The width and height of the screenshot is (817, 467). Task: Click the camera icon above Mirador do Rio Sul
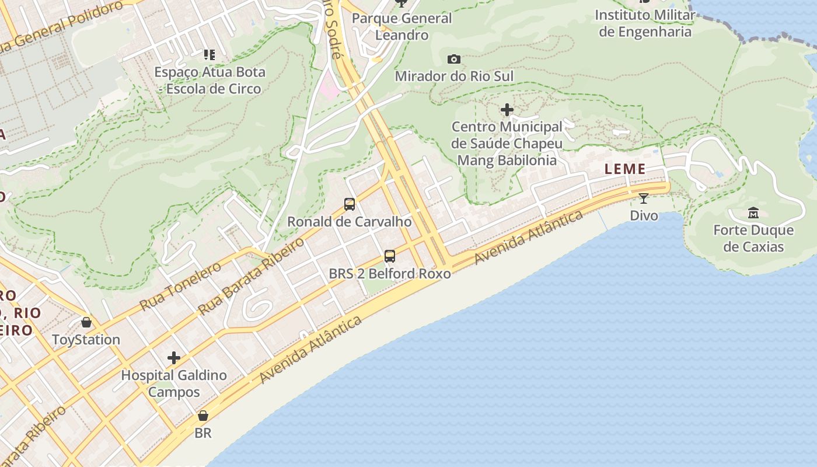(454, 59)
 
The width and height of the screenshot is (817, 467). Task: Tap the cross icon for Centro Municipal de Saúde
(507, 109)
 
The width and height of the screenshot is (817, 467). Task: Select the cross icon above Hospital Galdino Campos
(173, 358)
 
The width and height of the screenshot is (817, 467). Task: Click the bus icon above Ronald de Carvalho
(350, 204)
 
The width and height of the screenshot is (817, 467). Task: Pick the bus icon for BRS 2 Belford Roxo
(389, 256)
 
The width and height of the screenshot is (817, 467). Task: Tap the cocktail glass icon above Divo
(644, 198)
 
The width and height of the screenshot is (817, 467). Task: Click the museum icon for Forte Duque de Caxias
(753, 213)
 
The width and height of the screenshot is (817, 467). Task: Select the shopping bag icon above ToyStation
(86, 322)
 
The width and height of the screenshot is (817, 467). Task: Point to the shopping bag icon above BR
(202, 416)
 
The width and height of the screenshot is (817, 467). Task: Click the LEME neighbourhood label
(625, 169)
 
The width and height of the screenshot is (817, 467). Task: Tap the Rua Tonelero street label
(180, 285)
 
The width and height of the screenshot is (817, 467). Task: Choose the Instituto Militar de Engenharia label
(645, 23)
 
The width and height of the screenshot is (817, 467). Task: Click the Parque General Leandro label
(401, 26)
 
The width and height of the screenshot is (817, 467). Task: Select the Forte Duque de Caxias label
(753, 238)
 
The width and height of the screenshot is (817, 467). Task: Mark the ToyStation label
(86, 340)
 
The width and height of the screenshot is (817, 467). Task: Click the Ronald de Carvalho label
(349, 222)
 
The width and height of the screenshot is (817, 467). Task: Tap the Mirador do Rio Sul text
(454, 76)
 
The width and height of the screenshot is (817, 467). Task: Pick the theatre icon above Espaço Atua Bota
(209, 55)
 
